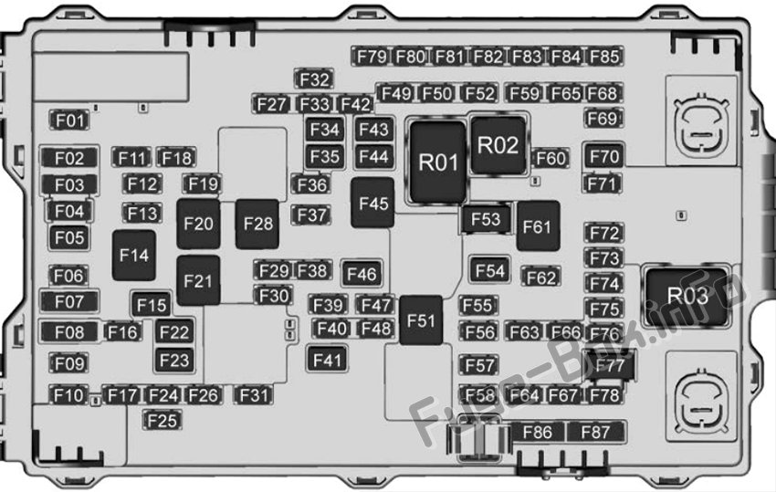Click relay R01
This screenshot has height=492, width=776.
click(438, 162)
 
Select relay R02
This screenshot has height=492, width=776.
click(498, 145)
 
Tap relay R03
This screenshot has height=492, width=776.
click(687, 296)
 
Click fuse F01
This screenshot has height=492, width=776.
click(69, 120)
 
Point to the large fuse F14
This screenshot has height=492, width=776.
click(134, 256)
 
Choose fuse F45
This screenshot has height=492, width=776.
click(372, 203)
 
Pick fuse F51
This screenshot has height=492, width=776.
click(421, 320)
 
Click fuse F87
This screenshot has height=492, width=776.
click(595, 432)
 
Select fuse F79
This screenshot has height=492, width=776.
click(372, 57)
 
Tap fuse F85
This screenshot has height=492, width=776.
click(604, 57)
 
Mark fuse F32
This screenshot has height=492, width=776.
click(314, 79)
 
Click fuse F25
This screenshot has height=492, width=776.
click(162, 421)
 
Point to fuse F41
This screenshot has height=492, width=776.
click(327, 360)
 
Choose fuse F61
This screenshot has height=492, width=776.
click(538, 226)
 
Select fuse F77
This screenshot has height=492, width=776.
click(609, 365)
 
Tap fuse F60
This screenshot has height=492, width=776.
click(551, 159)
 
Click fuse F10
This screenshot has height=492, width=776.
click(68, 395)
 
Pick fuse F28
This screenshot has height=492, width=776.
click(257, 224)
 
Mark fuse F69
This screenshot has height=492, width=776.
click(603, 119)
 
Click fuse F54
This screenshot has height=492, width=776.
click(489, 270)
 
